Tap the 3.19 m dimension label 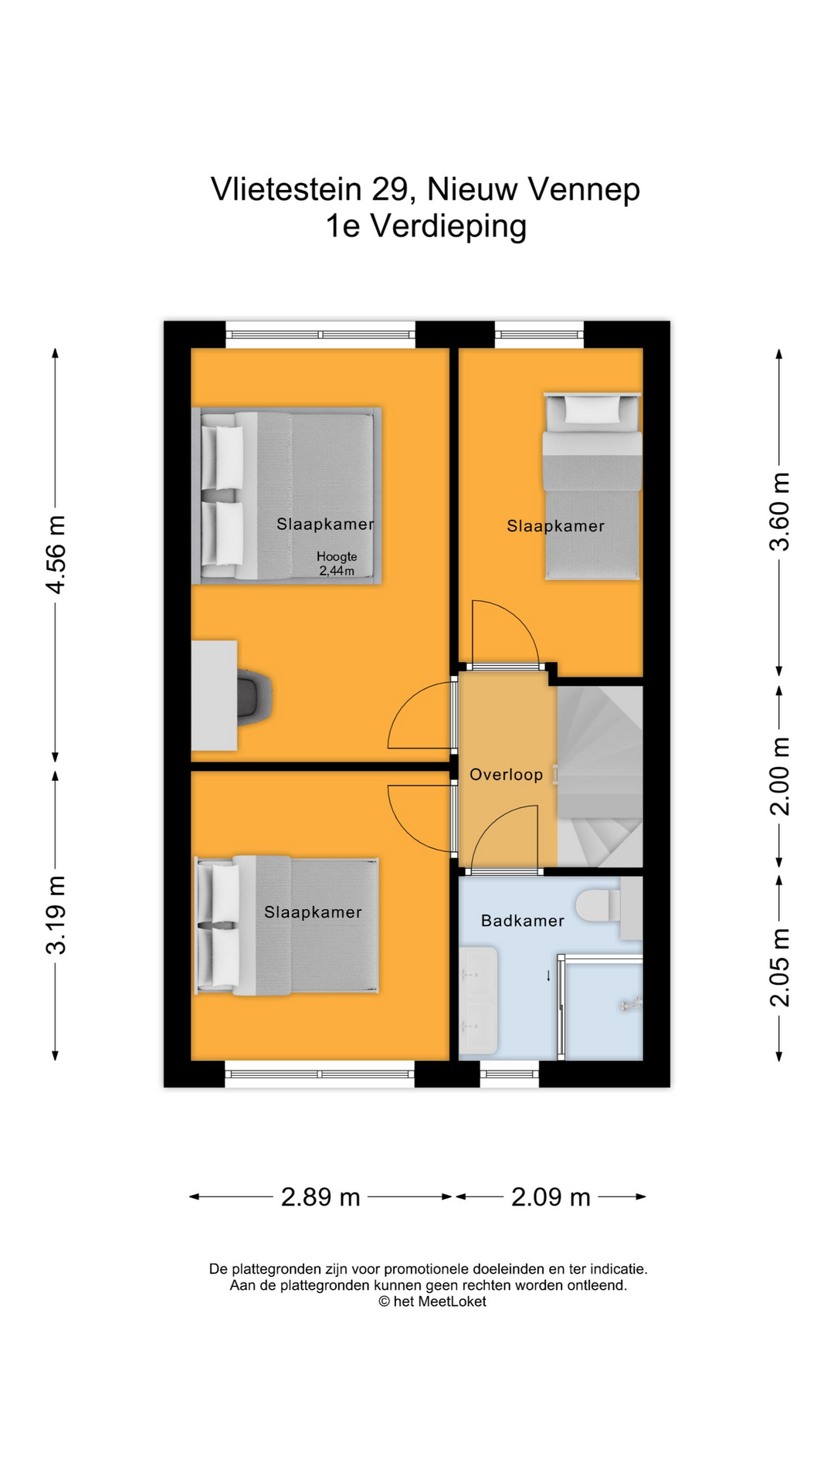pyautogui.click(x=56, y=915)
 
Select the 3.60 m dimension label pyautogui.click(x=780, y=511)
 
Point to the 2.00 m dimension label pyautogui.click(x=780, y=776)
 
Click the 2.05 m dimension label pyautogui.click(x=780, y=968)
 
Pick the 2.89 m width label pyautogui.click(x=320, y=1196)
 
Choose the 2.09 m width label pyautogui.click(x=551, y=1196)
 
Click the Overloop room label pyautogui.click(x=507, y=775)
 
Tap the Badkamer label pyautogui.click(x=523, y=921)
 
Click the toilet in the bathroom pyautogui.click(x=598, y=905)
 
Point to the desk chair pyautogui.click(x=255, y=697)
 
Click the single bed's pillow pyautogui.click(x=592, y=409)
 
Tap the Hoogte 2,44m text pyautogui.click(x=337, y=564)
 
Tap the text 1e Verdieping pyautogui.click(x=425, y=226)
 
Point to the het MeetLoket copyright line pyautogui.click(x=432, y=1301)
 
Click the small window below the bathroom pyautogui.click(x=509, y=1073)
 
